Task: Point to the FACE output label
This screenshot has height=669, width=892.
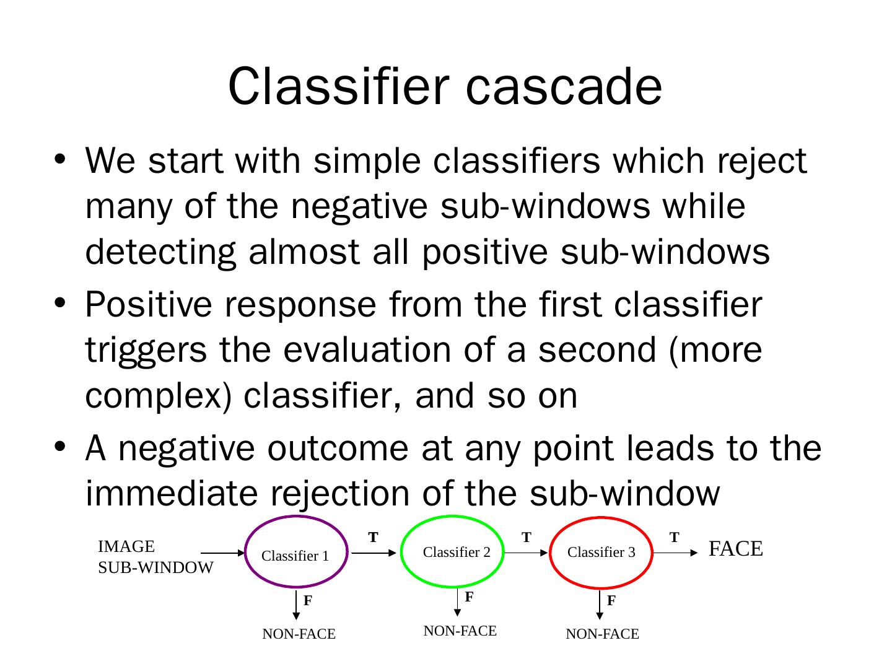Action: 735,549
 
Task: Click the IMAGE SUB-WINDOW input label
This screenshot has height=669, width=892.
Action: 155,557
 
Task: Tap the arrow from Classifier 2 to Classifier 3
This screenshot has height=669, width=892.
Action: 527,553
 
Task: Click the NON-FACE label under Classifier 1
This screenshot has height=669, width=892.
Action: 299,634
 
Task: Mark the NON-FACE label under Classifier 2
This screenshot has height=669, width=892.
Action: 460,631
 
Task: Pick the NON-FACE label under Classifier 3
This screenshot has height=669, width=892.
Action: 602,634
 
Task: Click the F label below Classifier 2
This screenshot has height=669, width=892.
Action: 469,597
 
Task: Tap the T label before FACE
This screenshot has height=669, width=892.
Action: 675,537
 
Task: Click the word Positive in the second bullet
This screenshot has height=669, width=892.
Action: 152,305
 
